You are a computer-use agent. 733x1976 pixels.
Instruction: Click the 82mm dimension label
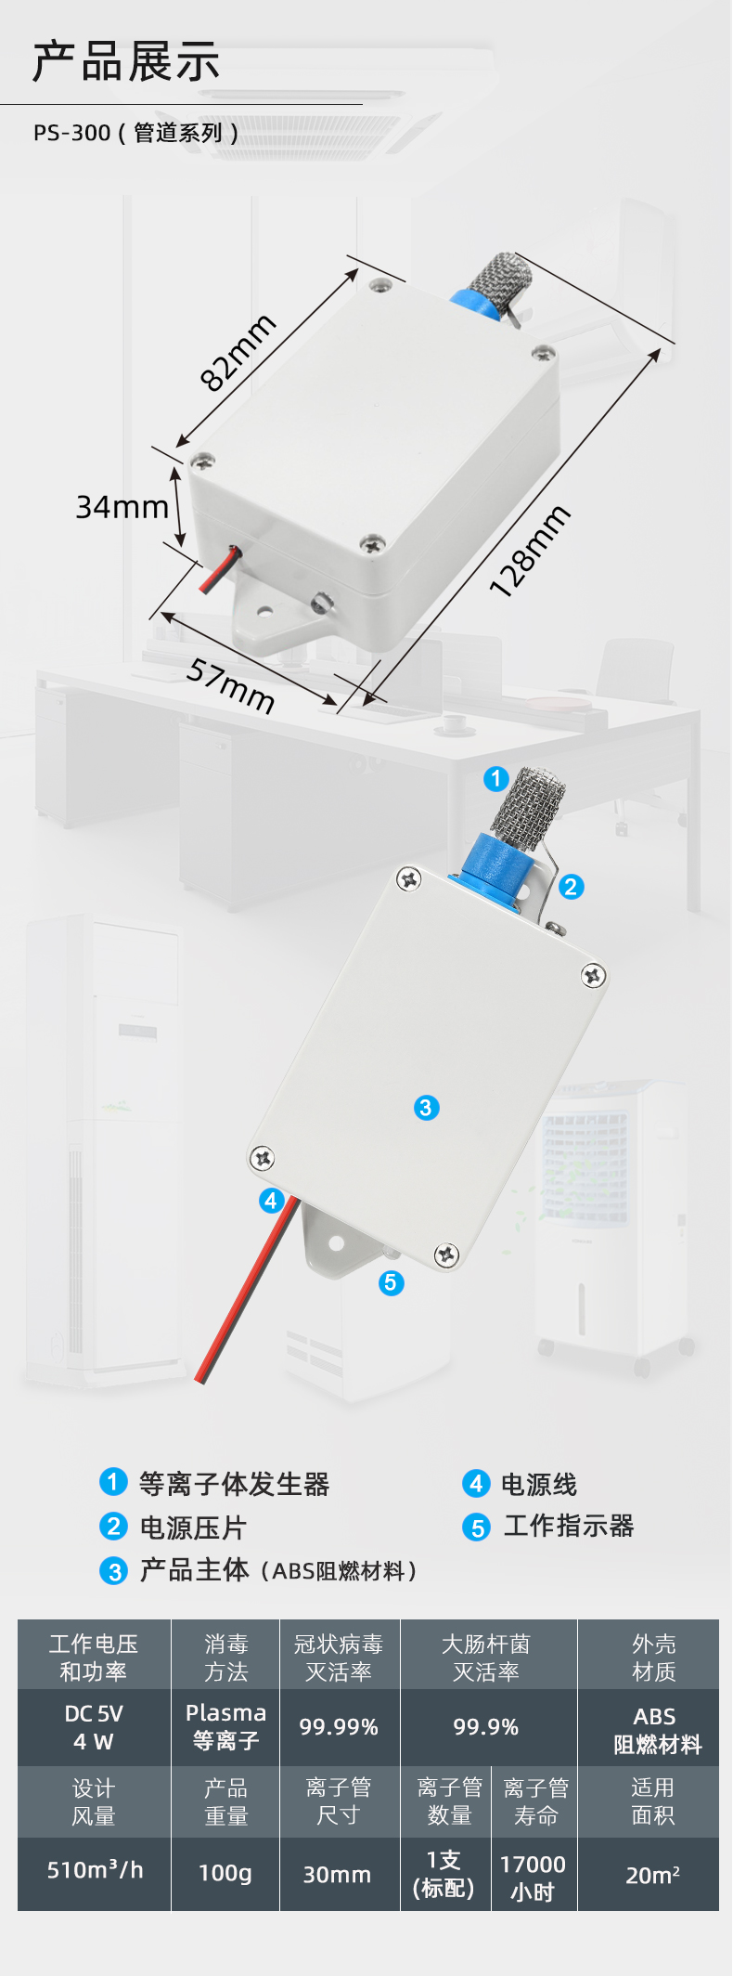(x=238, y=353)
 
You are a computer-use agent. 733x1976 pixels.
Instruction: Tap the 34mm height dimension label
(x=122, y=507)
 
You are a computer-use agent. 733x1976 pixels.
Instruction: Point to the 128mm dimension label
(x=529, y=552)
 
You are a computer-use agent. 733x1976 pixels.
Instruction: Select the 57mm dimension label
(x=231, y=685)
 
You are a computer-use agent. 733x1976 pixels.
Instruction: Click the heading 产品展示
(x=126, y=62)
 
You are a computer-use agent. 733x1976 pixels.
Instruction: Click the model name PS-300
(x=72, y=133)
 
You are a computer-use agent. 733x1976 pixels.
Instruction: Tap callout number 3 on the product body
(x=426, y=1107)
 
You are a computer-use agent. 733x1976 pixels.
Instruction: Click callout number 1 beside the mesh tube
(x=496, y=778)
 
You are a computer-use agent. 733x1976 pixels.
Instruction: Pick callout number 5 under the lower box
(x=391, y=1282)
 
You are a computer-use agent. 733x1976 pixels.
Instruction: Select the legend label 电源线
(x=539, y=1484)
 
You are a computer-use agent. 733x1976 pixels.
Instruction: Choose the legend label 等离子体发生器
(x=235, y=1484)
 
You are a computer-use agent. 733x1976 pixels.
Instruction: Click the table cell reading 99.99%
(x=339, y=1727)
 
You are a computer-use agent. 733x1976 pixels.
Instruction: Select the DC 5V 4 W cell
(x=94, y=1727)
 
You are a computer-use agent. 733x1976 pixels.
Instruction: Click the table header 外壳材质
(x=654, y=1657)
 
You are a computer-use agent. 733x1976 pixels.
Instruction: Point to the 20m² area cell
(x=653, y=1875)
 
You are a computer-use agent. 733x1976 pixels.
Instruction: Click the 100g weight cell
(x=225, y=1873)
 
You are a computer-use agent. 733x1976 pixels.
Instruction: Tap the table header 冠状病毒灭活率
(x=339, y=1657)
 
